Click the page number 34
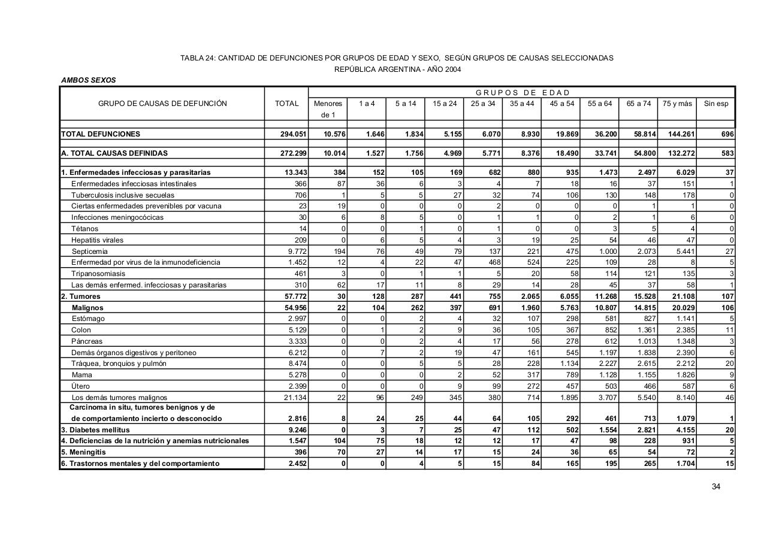tap(715, 486)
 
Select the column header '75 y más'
tap(677, 104)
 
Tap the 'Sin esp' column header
tap(716, 104)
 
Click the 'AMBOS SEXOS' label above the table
tap(89, 80)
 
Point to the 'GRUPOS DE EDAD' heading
tap(522, 92)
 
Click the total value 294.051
tap(294, 134)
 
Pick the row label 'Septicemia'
tap(90, 251)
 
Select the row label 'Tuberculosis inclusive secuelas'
tap(123, 195)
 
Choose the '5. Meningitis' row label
tap(83, 452)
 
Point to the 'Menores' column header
tap(328, 104)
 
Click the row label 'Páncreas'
tap(87, 341)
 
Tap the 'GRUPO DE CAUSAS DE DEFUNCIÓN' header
tap(162, 104)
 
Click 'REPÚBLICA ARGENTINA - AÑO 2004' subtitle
tap(397, 69)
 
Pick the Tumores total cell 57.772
tap(294, 296)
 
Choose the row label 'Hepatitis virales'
tap(97, 240)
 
